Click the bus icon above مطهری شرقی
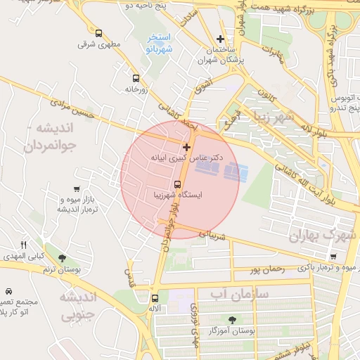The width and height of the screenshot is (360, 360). point(98,33)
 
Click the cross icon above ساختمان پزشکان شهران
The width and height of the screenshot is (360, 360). point(221,39)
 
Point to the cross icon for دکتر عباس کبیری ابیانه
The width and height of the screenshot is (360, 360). point(186,147)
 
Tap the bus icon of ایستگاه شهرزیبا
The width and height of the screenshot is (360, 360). point(177,184)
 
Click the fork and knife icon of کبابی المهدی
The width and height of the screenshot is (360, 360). point(24,244)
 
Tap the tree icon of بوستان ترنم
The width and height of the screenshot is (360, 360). point(63,258)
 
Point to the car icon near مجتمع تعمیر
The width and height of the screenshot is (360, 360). point(8,291)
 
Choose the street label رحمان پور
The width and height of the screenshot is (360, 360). point(266,269)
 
